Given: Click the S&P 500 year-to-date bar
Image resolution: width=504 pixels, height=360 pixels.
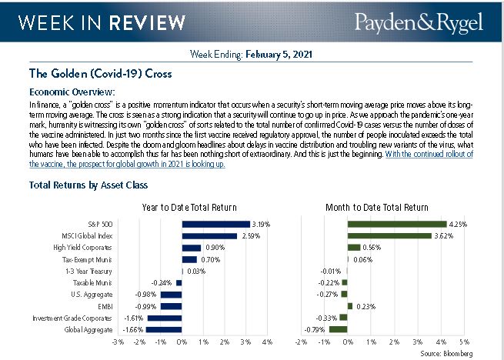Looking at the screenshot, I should (215, 225).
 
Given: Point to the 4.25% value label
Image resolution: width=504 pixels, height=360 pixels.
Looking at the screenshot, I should (457, 225).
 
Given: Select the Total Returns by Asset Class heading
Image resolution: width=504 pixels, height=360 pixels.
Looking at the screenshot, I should (88, 185).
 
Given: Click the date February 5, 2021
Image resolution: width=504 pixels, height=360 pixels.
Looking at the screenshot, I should (277, 55).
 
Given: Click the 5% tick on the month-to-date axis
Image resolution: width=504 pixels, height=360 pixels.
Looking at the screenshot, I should (465, 341).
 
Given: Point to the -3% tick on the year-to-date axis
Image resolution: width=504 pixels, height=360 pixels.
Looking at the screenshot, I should (118, 341).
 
